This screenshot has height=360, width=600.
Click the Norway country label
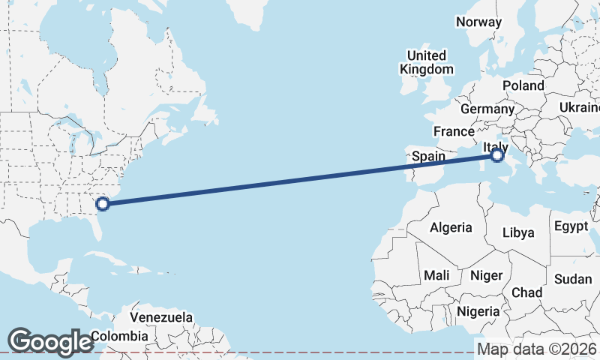(x=478, y=22)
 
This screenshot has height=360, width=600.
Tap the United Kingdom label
(x=427, y=62)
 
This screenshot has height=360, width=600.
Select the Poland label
(x=523, y=85)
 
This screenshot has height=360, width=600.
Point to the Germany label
(x=487, y=109)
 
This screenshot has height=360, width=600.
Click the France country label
(x=454, y=131)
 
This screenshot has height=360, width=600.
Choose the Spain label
(x=429, y=157)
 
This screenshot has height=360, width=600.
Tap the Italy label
(x=496, y=147)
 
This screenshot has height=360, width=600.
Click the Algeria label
(x=451, y=227)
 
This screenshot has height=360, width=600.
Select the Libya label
(x=519, y=232)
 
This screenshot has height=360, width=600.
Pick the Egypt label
(x=571, y=226)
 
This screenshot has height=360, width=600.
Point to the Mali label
(x=436, y=275)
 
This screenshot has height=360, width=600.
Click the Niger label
(x=486, y=275)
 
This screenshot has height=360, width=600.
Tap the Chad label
(x=526, y=292)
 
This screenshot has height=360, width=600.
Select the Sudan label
(x=573, y=279)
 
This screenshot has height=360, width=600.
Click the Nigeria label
(x=478, y=310)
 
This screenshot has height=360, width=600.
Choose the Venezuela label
(x=161, y=317)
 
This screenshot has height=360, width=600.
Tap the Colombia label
(x=116, y=335)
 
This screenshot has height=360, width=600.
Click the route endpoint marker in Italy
(x=497, y=156)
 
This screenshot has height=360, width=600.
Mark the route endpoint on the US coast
(x=103, y=202)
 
